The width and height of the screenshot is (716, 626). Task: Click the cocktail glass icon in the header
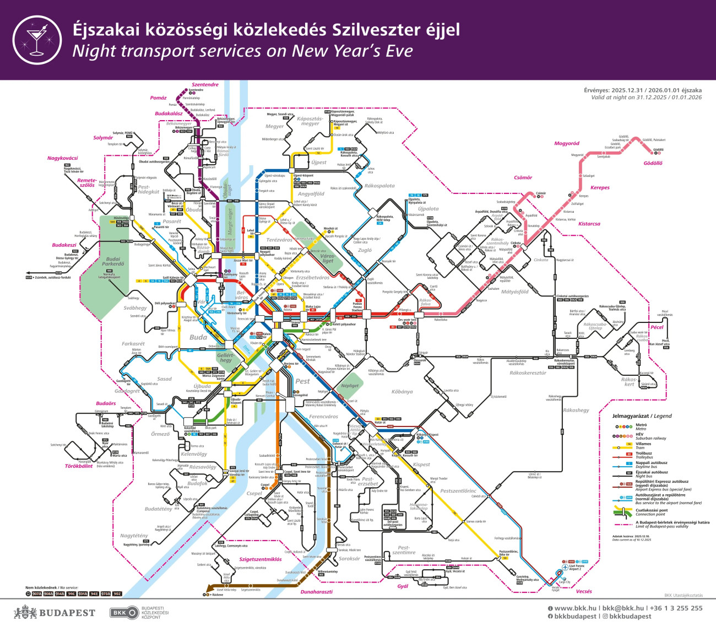(x=37, y=40)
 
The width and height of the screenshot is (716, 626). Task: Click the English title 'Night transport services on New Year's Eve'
(x=242, y=51)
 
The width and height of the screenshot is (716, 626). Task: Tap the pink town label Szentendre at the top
(x=205, y=85)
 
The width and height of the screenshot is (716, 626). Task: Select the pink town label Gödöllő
(x=653, y=163)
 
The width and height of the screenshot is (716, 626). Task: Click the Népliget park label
(x=350, y=386)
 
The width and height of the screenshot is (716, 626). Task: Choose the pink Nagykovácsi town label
(x=62, y=158)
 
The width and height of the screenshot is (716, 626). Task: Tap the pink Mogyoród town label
(x=566, y=143)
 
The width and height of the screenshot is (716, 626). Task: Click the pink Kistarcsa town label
(x=589, y=224)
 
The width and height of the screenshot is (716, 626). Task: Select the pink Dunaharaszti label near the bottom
(x=316, y=592)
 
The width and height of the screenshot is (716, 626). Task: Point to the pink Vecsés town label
(x=584, y=591)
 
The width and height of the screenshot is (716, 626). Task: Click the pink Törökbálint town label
(x=79, y=466)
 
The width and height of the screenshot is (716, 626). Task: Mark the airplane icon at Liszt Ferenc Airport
(x=565, y=566)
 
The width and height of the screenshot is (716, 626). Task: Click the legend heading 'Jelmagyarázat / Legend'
(x=642, y=416)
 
